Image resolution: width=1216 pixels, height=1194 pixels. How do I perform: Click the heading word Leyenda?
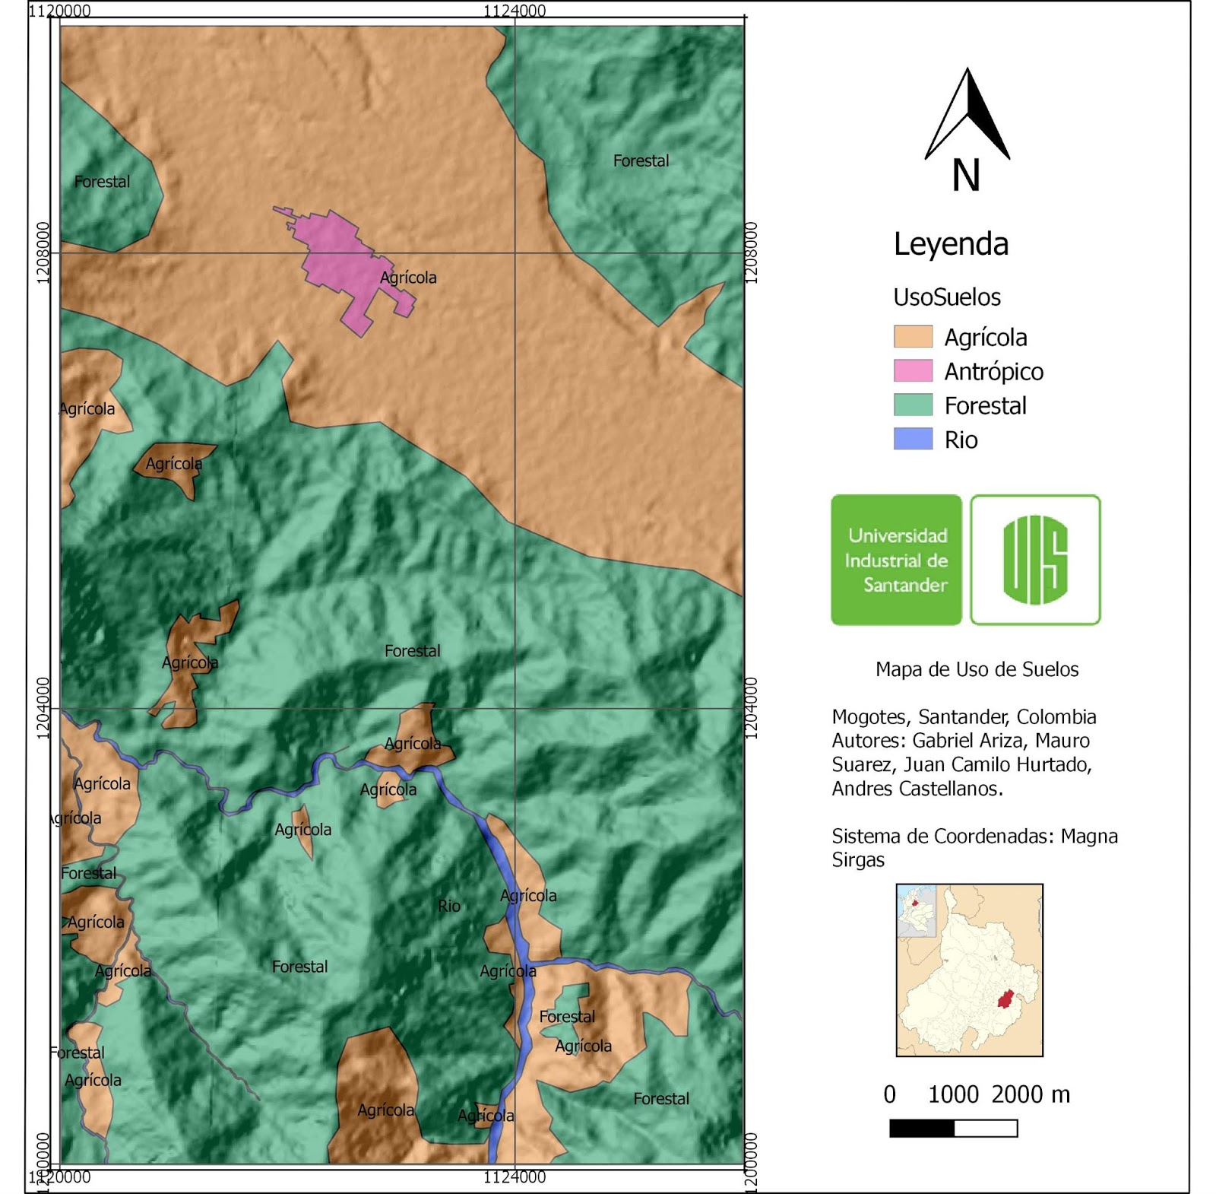tap(951, 244)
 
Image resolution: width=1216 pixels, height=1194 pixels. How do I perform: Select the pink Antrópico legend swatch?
tap(913, 371)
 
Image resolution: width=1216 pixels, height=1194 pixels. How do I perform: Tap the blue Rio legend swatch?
tap(913, 440)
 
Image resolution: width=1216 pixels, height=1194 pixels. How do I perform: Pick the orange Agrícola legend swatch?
tap(913, 337)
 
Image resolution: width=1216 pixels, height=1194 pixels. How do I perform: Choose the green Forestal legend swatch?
tap(913, 405)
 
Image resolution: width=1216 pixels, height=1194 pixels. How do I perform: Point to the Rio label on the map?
tap(448, 906)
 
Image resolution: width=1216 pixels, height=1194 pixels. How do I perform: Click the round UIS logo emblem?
tap(1035, 560)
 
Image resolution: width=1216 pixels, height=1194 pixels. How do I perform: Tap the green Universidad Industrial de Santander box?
tap(896, 560)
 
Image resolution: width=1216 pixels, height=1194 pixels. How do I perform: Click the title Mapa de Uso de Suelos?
tap(977, 669)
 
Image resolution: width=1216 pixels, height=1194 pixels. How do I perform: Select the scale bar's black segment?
tap(921, 1129)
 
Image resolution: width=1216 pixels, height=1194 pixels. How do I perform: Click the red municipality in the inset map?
tap(1005, 999)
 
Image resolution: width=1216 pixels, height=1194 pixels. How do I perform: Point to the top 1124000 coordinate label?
tap(515, 11)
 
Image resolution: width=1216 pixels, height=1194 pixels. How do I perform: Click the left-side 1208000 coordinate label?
tap(43, 252)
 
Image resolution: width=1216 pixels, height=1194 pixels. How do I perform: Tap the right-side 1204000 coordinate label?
tap(751, 708)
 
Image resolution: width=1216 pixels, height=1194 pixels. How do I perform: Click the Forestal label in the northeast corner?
tap(641, 161)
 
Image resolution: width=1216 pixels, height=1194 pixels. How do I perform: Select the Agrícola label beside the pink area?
tap(408, 278)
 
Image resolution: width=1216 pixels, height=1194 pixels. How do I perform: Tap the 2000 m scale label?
tap(1030, 1094)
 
